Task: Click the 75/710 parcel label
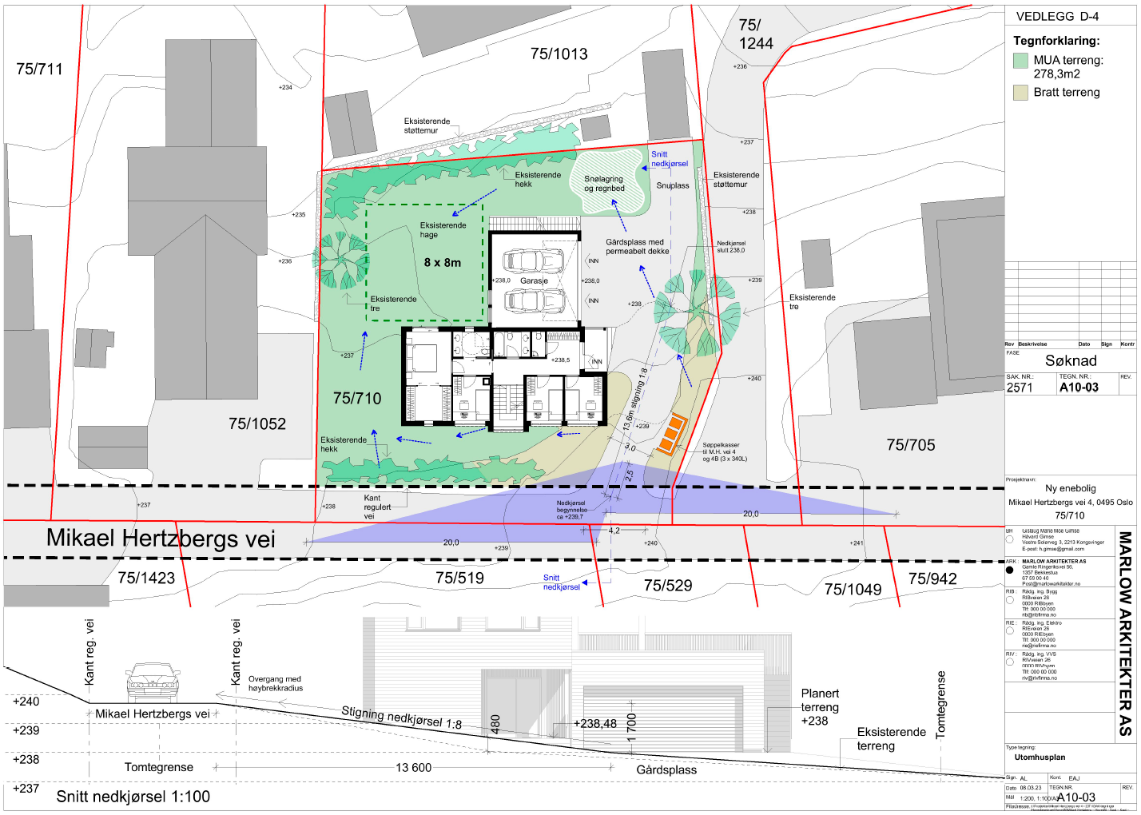(357, 398)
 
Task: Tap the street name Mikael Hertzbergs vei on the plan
(161, 539)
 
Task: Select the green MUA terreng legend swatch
(1020, 60)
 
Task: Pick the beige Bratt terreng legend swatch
(1020, 93)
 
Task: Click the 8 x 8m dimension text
(443, 263)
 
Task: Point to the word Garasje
(534, 281)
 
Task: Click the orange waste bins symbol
(670, 434)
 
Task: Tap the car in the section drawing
(153, 682)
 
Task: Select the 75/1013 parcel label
(559, 54)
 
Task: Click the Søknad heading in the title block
(1071, 361)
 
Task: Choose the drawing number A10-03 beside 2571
(1079, 388)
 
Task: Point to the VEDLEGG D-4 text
(1057, 16)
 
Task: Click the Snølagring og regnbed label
(604, 185)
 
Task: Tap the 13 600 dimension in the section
(413, 768)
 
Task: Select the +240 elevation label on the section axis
(26, 702)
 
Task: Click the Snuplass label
(673, 185)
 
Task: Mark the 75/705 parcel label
(910, 445)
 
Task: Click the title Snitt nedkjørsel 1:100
(133, 797)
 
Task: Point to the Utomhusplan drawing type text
(1040, 757)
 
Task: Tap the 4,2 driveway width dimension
(614, 531)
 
